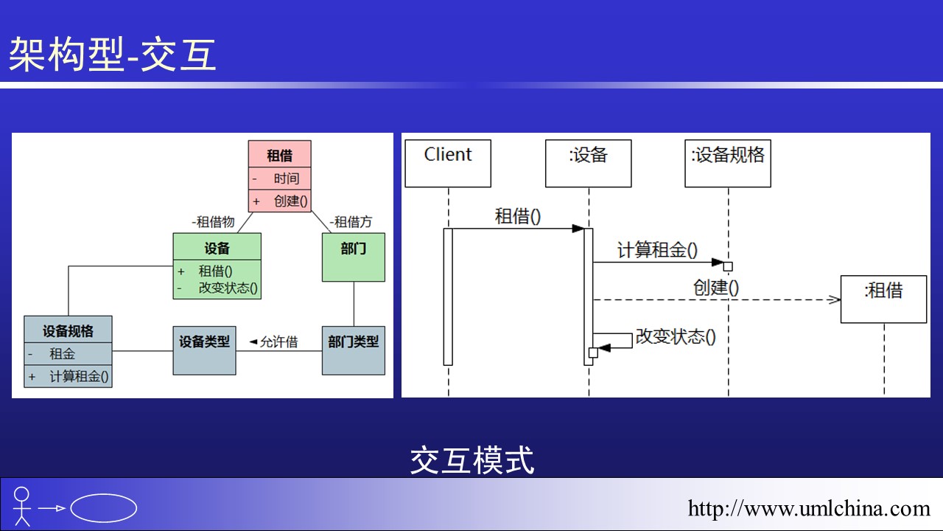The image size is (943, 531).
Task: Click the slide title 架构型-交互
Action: [113, 55]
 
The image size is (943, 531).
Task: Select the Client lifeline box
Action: [448, 163]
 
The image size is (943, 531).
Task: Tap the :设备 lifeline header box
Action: [588, 163]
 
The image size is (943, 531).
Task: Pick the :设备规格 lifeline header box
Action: [728, 163]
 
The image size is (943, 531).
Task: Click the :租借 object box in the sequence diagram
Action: [883, 299]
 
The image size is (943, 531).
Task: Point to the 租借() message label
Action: [518, 216]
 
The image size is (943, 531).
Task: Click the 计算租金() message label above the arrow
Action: [657, 250]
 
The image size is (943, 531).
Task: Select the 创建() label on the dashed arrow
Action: [716, 287]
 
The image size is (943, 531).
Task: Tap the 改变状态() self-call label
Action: [676, 337]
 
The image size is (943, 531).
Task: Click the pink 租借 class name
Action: [279, 155]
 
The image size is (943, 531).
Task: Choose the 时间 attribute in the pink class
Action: [287, 178]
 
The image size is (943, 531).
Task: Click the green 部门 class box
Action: [353, 257]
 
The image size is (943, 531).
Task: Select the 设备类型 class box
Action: [204, 350]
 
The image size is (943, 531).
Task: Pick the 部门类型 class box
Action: [353, 350]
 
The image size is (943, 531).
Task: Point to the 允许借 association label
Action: [274, 341]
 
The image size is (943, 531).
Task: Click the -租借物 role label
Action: [213, 221]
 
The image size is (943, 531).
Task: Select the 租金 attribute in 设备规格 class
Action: [62, 354]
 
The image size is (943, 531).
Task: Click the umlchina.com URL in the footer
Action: [809, 508]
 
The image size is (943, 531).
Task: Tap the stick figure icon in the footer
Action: [22, 505]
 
